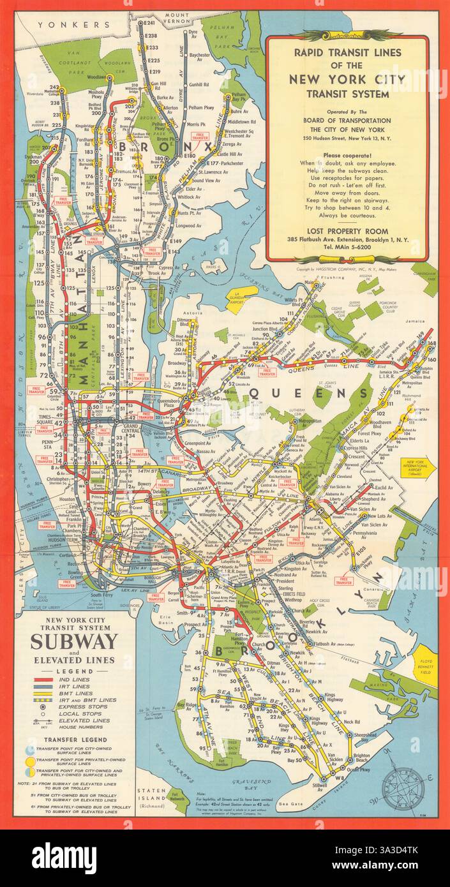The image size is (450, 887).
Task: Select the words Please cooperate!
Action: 347,154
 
